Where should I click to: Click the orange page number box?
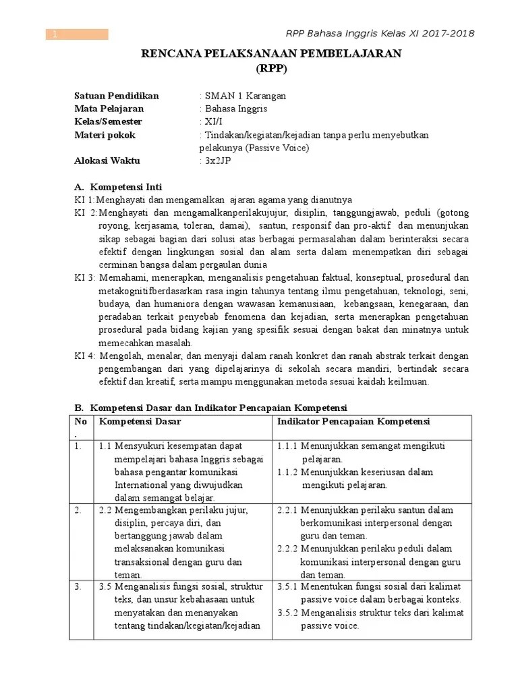click(77, 34)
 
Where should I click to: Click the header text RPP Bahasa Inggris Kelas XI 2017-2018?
click(380, 34)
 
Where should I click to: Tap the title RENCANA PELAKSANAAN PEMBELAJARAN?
click(271, 55)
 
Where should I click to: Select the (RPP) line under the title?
click(271, 68)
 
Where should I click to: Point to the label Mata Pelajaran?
click(109, 109)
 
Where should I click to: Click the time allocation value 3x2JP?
click(215, 161)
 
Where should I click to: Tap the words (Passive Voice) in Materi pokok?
click(277, 148)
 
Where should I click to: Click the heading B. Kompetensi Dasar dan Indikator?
click(210, 408)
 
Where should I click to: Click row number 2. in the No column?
click(80, 509)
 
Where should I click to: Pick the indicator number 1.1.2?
click(288, 472)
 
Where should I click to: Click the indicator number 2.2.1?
click(288, 509)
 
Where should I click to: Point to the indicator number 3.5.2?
click(288, 613)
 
